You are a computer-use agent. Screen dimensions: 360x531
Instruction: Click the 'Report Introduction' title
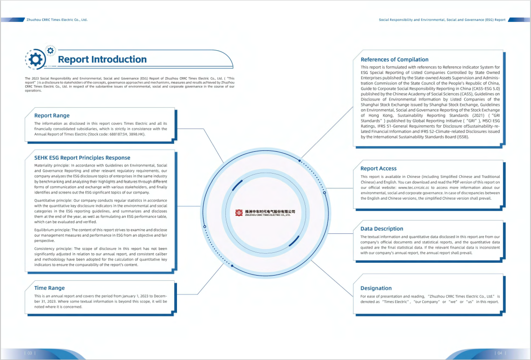(x=102, y=59)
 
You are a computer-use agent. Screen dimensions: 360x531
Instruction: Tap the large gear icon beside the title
(x=35, y=59)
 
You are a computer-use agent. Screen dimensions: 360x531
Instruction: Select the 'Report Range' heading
(x=52, y=115)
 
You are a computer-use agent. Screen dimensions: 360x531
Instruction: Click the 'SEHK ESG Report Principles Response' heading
(x=82, y=157)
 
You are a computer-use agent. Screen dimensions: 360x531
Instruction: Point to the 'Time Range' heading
(x=49, y=288)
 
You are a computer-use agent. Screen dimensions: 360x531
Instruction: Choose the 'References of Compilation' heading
(x=394, y=60)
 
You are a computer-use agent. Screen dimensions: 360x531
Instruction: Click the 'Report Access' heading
(x=378, y=168)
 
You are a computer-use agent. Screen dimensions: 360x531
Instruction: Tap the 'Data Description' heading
(x=382, y=229)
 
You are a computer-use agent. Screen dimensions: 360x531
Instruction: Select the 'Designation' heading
(x=376, y=288)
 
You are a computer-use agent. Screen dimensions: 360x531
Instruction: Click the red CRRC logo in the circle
(x=239, y=212)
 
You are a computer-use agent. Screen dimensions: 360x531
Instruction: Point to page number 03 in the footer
(x=29, y=353)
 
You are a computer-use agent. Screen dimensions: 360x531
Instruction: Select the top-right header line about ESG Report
(x=442, y=20)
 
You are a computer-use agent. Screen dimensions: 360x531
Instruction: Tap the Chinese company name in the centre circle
(x=270, y=211)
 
